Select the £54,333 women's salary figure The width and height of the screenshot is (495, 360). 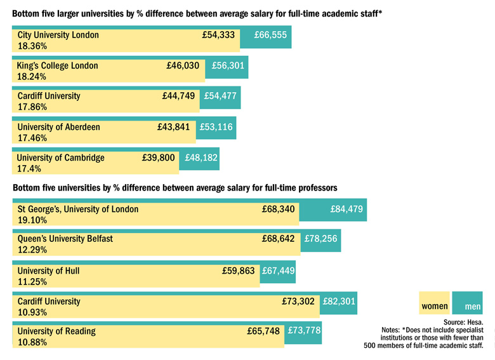(x=218, y=36)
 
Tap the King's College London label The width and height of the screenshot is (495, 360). (x=58, y=65)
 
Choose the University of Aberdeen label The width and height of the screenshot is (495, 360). (x=58, y=127)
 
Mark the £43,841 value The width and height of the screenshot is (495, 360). (x=173, y=127)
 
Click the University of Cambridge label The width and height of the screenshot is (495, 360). (x=60, y=157)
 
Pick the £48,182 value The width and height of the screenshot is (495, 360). (x=201, y=157)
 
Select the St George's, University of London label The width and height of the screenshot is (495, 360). (x=77, y=209)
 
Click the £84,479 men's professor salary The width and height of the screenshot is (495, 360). (x=346, y=209)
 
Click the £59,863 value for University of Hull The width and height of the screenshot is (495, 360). (x=238, y=270)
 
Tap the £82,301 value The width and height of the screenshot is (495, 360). (x=339, y=302)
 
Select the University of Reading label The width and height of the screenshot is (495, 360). (x=56, y=331)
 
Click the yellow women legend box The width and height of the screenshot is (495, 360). (x=435, y=307)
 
